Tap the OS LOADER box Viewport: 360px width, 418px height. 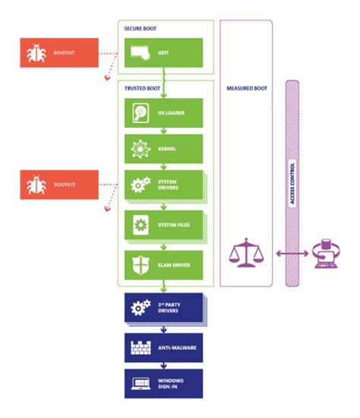[164, 113]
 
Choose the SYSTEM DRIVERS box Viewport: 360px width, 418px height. [164, 185]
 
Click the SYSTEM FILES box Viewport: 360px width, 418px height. [164, 226]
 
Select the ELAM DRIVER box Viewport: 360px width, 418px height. [164, 265]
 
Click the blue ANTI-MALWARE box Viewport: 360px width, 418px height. [164, 347]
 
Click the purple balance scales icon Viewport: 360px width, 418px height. [245, 255]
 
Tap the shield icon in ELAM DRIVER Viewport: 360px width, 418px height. [141, 265]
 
